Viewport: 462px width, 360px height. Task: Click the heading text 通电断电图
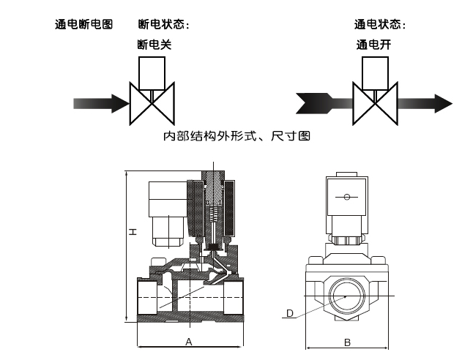[84, 24]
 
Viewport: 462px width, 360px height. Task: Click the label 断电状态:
[164, 24]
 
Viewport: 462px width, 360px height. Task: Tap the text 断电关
[154, 45]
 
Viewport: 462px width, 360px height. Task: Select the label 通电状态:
[380, 24]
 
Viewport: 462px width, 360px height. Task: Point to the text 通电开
[374, 45]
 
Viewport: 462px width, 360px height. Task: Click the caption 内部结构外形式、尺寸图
[238, 136]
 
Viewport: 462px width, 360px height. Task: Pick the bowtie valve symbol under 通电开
[374, 102]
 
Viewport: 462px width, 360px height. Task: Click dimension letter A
[188, 342]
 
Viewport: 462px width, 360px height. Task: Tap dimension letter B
[348, 342]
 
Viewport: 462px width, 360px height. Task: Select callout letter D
[290, 314]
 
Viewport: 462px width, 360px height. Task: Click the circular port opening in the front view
[347, 296]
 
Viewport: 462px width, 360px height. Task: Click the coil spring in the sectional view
[214, 215]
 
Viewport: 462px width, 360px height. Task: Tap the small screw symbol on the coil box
[347, 197]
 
